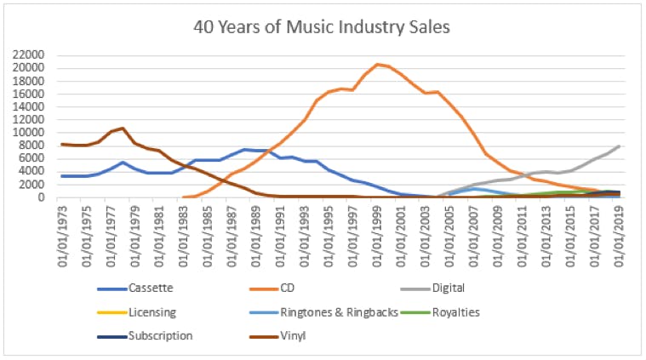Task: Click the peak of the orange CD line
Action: click(x=377, y=64)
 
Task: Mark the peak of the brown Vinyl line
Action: click(x=123, y=129)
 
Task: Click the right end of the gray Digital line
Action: click(x=619, y=146)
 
